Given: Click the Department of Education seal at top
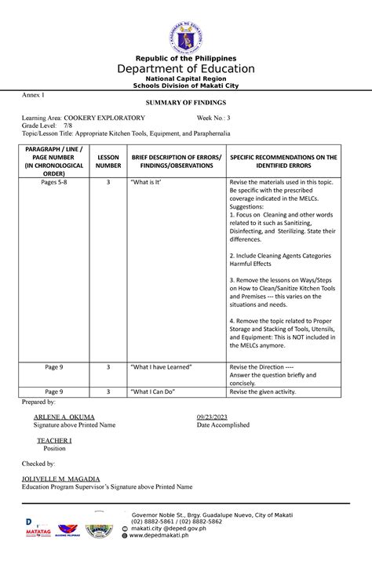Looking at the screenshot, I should point(185,36).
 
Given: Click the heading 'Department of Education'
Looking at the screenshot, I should point(186,68).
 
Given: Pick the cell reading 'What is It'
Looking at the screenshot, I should point(144,182).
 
